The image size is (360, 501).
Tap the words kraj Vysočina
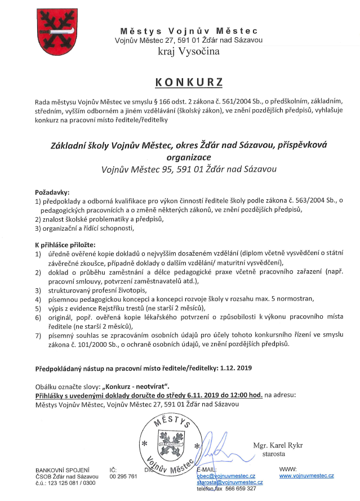tap(189, 52)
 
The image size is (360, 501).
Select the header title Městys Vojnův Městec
tap(189, 30)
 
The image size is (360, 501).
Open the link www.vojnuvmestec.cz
tap(306, 476)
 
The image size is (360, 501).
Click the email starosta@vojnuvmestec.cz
tap(229, 483)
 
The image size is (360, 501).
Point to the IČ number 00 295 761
tap(123, 476)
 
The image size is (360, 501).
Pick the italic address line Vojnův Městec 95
tap(189, 168)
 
